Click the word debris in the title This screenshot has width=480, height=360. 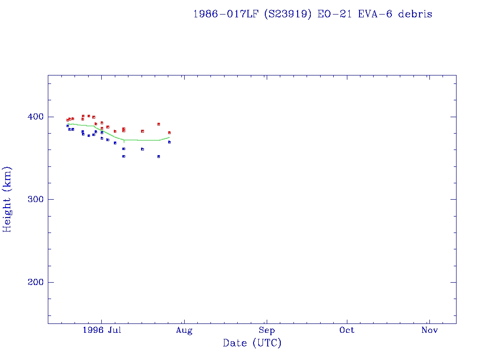pyautogui.click(x=415, y=14)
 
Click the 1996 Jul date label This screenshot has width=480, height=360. pyautogui.click(x=102, y=330)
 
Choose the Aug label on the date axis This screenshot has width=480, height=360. pyautogui.click(x=184, y=330)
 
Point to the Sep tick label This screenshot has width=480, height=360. pyautogui.click(x=266, y=330)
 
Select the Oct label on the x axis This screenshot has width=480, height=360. pyautogui.click(x=347, y=330)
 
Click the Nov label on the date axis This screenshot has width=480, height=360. pyautogui.click(x=429, y=330)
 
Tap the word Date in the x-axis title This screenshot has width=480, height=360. pyautogui.click(x=235, y=343)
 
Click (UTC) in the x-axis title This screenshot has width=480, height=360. pyautogui.click(x=267, y=343)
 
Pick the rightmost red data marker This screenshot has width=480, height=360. pyautogui.click(x=169, y=133)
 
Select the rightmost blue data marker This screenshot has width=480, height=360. pyautogui.click(x=169, y=142)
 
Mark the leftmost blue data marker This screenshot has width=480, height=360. pyautogui.click(x=67, y=126)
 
